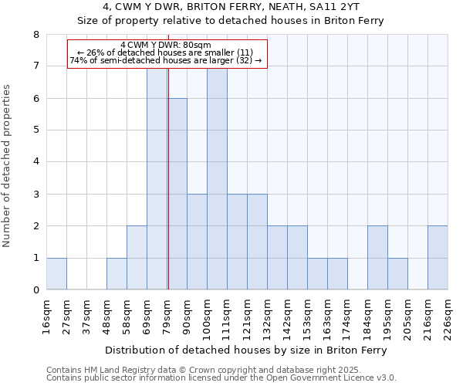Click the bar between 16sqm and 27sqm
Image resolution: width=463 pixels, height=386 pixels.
click(x=56, y=274)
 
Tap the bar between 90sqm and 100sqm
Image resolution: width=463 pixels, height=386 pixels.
click(x=197, y=242)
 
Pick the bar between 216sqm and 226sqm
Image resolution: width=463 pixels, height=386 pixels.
click(x=438, y=258)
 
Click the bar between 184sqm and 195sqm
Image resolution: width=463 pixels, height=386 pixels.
click(x=377, y=258)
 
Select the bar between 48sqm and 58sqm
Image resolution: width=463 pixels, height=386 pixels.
click(x=117, y=274)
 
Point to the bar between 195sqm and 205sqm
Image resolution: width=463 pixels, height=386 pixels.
click(x=397, y=274)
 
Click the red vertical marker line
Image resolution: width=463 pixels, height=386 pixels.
click(x=168, y=178)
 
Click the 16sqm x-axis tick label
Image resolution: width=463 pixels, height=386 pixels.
click(x=47, y=316)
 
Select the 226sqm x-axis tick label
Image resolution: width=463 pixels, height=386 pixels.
click(x=448, y=316)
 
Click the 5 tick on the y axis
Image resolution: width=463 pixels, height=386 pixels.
click(x=35, y=130)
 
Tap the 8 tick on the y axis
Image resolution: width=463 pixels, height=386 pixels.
click(x=35, y=34)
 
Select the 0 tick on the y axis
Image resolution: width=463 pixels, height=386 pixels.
click(x=35, y=290)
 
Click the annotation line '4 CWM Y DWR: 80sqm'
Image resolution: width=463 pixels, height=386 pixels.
click(x=166, y=46)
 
